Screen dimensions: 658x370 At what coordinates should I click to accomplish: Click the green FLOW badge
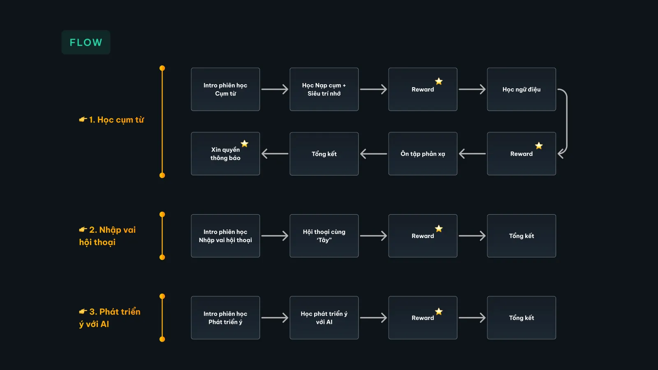[86, 42]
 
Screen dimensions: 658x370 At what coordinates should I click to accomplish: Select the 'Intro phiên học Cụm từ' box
[225, 89]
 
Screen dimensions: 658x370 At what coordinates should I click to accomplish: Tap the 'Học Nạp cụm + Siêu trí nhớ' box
[324, 89]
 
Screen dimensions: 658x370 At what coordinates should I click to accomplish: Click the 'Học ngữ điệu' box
[521, 89]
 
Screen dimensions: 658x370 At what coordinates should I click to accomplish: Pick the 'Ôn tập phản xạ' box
[423, 154]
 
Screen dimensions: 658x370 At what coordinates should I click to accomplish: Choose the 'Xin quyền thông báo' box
[225, 154]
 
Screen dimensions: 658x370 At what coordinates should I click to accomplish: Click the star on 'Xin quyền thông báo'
[244, 143]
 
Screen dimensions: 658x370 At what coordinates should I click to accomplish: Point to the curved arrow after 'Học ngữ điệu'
[567, 121]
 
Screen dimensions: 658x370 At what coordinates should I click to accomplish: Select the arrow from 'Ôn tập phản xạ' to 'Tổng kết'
[373, 154]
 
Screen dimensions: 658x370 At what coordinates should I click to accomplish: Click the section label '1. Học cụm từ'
[111, 120]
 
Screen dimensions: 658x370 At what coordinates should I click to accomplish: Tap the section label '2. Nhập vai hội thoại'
[107, 236]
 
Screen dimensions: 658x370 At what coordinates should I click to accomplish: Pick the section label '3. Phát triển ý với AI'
[110, 318]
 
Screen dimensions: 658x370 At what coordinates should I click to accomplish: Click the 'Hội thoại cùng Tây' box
[324, 236]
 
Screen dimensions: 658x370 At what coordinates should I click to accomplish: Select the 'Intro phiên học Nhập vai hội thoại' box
[225, 236]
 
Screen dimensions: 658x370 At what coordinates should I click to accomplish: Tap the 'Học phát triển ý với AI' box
[324, 318]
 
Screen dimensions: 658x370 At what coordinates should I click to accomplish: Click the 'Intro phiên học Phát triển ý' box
[225, 318]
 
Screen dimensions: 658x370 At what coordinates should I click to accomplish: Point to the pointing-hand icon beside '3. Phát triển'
[83, 311]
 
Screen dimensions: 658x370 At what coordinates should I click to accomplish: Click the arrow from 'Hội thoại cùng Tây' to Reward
[373, 236]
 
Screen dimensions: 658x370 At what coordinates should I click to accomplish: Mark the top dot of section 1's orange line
[162, 68]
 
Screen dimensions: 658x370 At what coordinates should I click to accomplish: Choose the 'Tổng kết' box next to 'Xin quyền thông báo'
[324, 154]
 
